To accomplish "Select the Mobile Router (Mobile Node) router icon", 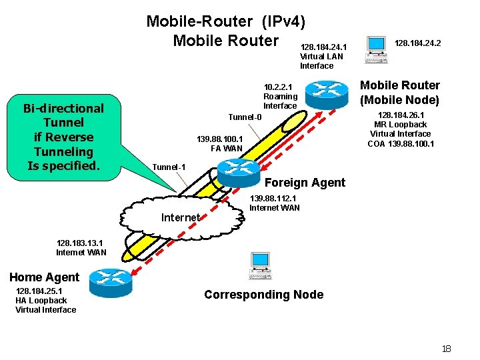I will pyautogui.click(x=327, y=93).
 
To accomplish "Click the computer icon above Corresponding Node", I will pyautogui.click(x=260, y=266).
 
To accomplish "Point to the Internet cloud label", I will pyautogui.click(x=180, y=217).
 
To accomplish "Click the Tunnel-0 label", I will pyautogui.click(x=245, y=117).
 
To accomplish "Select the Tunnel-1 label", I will pyautogui.click(x=169, y=167).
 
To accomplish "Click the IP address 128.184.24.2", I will pyautogui.click(x=418, y=43).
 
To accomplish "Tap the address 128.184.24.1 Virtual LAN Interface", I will pyautogui.click(x=323, y=57).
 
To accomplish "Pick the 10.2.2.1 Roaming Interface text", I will pyautogui.click(x=280, y=97).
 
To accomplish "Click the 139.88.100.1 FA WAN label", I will pyautogui.click(x=219, y=143).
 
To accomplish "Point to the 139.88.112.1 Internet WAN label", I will pyautogui.click(x=274, y=203).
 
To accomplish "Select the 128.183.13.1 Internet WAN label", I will pyautogui.click(x=81, y=248).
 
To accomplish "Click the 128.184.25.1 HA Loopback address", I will pyautogui.click(x=45, y=300).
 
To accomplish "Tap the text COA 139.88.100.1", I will pyautogui.click(x=400, y=143).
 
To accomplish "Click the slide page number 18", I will pyautogui.click(x=446, y=349).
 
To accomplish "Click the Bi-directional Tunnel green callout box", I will pyautogui.click(x=63, y=137).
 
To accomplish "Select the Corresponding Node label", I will pyautogui.click(x=263, y=295).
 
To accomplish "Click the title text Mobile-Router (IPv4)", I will pyautogui.click(x=225, y=21).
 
